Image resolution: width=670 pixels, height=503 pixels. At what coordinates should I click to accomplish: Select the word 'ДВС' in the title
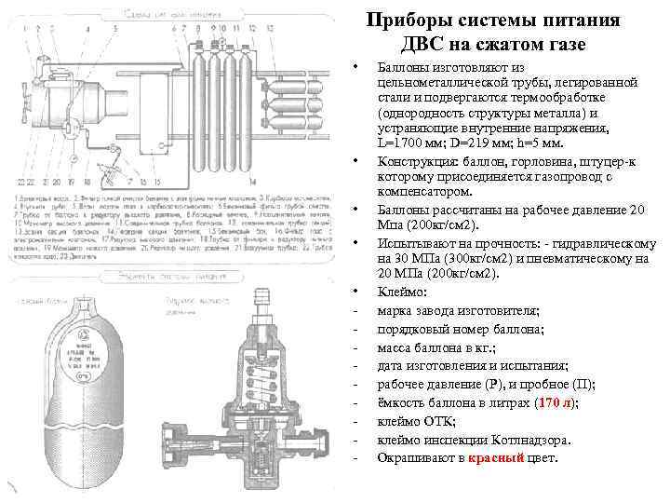[x=428, y=45]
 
